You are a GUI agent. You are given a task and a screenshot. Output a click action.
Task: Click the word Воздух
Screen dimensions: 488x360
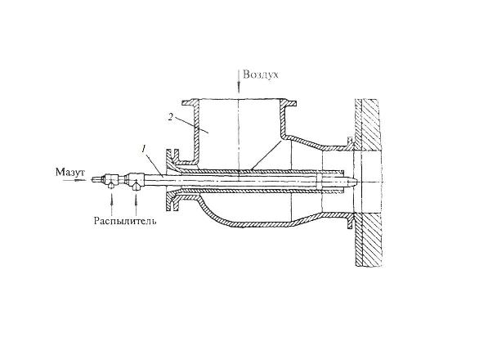[261, 74]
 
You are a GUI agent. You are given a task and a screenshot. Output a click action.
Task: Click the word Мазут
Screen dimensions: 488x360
[70, 172]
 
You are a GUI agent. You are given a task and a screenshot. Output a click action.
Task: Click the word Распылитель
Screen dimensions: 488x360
[125, 221]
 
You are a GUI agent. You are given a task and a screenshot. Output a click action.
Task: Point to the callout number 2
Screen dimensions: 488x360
[170, 117]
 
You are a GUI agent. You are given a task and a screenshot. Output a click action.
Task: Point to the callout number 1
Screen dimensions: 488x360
[143, 150]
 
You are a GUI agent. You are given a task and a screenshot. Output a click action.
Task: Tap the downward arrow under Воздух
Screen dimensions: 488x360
[239, 82]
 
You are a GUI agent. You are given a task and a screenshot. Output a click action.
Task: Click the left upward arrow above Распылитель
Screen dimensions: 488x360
[111, 202]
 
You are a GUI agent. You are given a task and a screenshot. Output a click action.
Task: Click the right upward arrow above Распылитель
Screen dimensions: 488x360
[136, 202]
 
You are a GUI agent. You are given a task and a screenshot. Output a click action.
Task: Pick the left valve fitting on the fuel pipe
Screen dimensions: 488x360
[111, 180]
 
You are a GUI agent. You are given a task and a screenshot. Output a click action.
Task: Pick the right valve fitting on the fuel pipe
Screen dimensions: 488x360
[135, 180]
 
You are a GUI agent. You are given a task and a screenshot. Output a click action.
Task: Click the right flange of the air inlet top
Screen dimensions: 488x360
[289, 103]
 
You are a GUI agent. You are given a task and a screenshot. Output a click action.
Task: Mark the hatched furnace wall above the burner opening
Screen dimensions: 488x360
[368, 125]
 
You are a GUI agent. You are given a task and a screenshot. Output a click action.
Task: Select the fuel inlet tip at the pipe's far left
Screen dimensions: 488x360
[96, 180]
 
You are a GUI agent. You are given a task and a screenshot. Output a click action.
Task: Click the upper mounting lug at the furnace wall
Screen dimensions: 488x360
[350, 143]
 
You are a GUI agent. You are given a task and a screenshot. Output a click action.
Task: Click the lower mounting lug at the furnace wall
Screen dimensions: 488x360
[351, 221]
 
